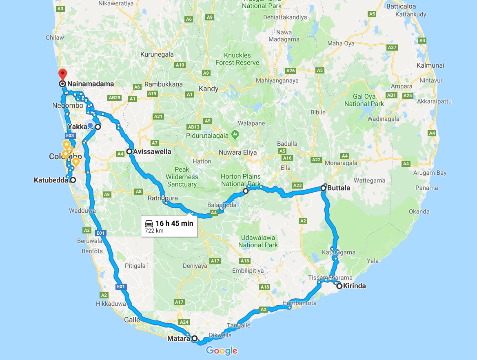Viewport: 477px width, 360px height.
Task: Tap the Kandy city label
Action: [x=209, y=89]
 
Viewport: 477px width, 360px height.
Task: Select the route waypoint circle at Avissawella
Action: [x=129, y=151]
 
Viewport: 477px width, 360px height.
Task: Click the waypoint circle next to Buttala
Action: [x=324, y=188]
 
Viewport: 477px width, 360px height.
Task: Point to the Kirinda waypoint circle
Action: [x=339, y=286]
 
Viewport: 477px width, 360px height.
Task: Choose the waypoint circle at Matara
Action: [x=195, y=338]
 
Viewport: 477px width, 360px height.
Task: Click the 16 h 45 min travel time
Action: [x=174, y=223]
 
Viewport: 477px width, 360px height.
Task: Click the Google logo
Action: [x=222, y=350]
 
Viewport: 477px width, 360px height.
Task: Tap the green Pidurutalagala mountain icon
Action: [x=235, y=134]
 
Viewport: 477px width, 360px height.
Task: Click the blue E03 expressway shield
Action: [x=69, y=135]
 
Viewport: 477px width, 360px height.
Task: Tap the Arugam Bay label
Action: [x=430, y=173]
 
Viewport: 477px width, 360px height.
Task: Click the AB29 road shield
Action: [x=115, y=98]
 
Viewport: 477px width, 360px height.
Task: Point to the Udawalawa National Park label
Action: [x=258, y=241]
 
